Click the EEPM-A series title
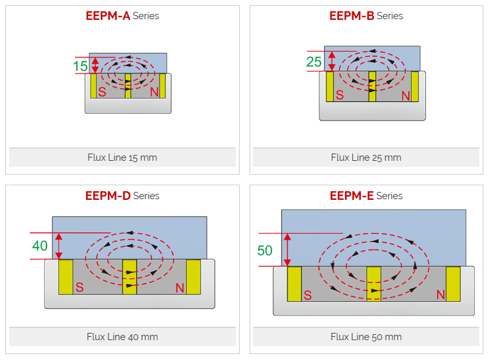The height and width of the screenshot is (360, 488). [x=122, y=16]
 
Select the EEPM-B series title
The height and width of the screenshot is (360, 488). [x=366, y=16]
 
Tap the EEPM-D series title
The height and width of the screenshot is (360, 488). [x=122, y=196]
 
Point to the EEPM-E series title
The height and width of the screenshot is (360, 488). [x=366, y=196]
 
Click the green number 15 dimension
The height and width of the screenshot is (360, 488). [x=80, y=66]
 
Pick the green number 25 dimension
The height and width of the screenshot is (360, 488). [x=314, y=62]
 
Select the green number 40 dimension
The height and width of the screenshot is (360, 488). [x=40, y=246]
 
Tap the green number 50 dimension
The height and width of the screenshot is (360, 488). [x=265, y=250]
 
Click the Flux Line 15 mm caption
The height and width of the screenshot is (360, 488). [x=122, y=157]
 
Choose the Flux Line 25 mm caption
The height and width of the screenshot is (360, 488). [x=366, y=157]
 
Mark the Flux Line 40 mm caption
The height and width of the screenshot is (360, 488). [x=122, y=337]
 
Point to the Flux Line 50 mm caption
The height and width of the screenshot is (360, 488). [x=366, y=337]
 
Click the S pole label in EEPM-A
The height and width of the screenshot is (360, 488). [x=102, y=92]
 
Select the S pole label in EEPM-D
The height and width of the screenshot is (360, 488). [x=79, y=287]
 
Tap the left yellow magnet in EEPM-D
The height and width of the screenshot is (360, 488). [x=66, y=277]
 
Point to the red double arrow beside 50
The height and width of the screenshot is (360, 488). [x=286, y=249]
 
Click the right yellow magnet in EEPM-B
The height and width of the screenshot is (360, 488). [x=415, y=86]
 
